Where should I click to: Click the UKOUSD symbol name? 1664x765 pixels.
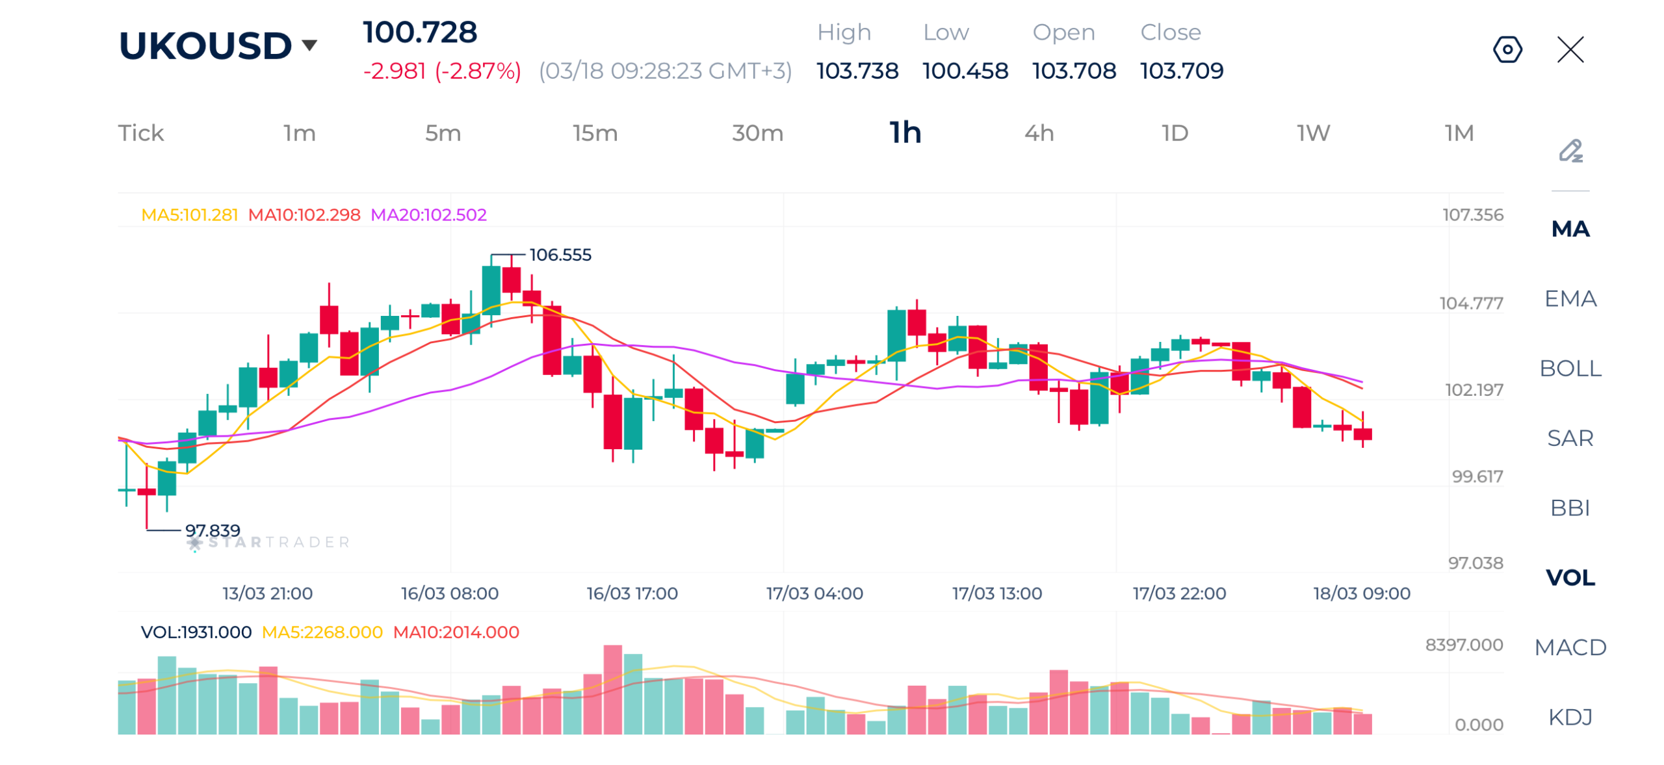tap(205, 45)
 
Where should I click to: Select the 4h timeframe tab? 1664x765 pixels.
tap(1038, 133)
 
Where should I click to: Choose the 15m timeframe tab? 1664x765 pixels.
tap(594, 133)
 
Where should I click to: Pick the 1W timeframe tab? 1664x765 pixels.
tap(1312, 133)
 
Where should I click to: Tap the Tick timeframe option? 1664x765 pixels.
tap(140, 133)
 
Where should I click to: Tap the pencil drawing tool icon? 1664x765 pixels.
tap(1570, 151)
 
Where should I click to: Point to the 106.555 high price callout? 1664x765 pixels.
tap(560, 254)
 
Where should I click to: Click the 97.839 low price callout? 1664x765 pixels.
tap(212, 530)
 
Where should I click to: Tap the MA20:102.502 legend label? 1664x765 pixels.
tap(428, 214)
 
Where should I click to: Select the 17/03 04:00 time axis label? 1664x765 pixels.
tap(814, 593)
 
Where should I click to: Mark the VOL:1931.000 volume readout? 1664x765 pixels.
tap(196, 632)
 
